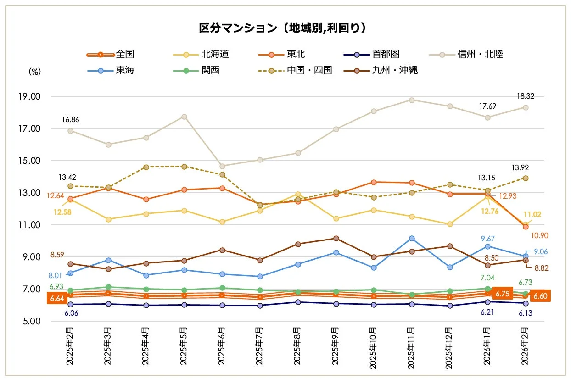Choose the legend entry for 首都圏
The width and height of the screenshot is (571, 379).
pos(374,54)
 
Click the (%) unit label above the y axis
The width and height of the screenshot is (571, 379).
pos(35,72)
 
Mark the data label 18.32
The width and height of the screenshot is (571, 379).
pos(525,96)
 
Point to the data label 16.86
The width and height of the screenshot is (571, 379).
pos(71,119)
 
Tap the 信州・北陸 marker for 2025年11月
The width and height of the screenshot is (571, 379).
pos(412,100)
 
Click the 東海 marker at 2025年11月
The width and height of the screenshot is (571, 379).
pos(412,238)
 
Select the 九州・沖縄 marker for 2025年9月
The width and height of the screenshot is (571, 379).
pos(336,238)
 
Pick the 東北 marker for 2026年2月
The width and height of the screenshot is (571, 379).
pos(526,227)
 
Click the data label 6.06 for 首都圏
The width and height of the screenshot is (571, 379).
pos(70,313)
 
